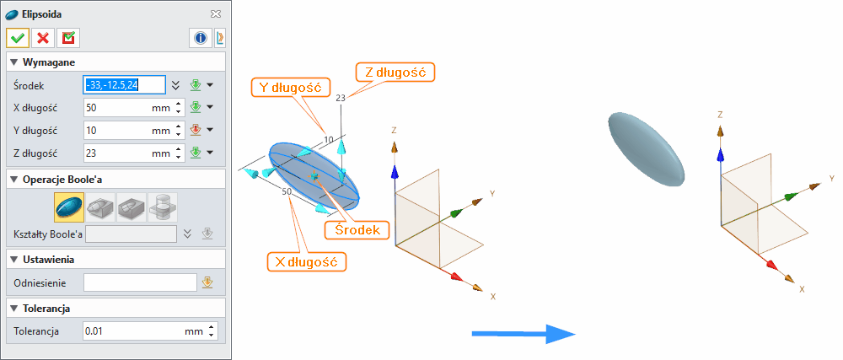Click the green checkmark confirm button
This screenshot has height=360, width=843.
pyautogui.click(x=17, y=38)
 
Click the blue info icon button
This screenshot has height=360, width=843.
pyautogui.click(x=201, y=38)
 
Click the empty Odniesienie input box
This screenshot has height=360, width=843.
pyautogui.click(x=139, y=282)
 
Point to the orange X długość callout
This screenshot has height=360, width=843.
pyautogui.click(x=306, y=262)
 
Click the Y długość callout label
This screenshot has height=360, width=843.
pyautogui.click(x=290, y=85)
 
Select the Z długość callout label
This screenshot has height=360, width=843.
pyautogui.click(x=395, y=72)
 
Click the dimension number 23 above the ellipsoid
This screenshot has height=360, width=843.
pyautogui.click(x=341, y=99)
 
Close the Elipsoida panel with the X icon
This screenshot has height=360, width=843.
pyautogui.click(x=216, y=14)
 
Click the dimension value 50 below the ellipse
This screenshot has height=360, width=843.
pyautogui.click(x=287, y=192)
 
